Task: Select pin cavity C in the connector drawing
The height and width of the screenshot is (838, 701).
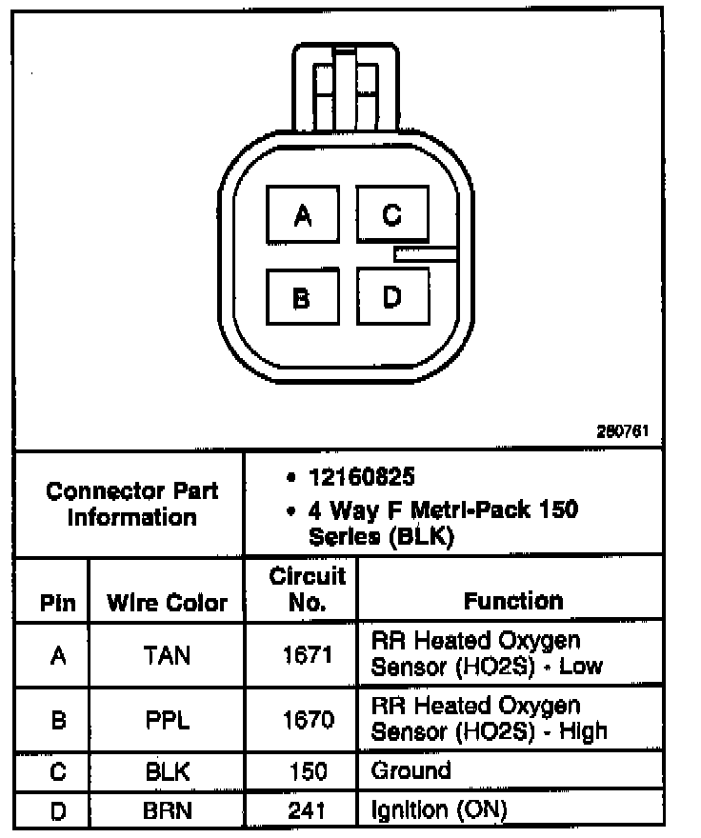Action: pyautogui.click(x=392, y=214)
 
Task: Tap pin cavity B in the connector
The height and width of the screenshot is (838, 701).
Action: pyautogui.click(x=302, y=298)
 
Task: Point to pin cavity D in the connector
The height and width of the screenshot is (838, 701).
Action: pyautogui.click(x=392, y=297)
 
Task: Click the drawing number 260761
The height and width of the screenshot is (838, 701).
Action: pyautogui.click(x=622, y=431)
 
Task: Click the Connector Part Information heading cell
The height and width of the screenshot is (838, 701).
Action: pyautogui.click(x=131, y=504)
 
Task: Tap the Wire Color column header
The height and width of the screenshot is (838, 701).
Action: pyautogui.click(x=167, y=602)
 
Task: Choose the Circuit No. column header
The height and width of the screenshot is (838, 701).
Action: pyautogui.click(x=307, y=589)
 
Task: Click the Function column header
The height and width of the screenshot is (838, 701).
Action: pyautogui.click(x=512, y=601)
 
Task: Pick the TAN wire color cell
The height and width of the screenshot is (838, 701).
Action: pyautogui.click(x=167, y=654)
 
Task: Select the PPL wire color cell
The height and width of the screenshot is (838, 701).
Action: pyautogui.click(x=167, y=720)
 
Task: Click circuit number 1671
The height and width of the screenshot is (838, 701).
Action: pyautogui.click(x=307, y=654)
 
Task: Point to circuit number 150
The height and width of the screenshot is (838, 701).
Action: pyautogui.click(x=307, y=770)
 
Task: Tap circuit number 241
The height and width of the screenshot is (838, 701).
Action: pyautogui.click(x=307, y=810)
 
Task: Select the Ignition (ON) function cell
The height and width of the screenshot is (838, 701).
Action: pyautogui.click(x=437, y=810)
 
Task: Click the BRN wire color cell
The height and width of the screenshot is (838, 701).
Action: pyautogui.click(x=167, y=810)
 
